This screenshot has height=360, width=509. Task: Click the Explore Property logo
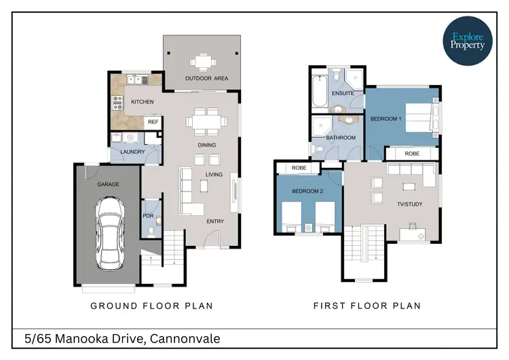pos(468,40)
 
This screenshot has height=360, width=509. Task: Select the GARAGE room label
pos(109,183)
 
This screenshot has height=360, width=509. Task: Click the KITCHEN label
pos(142,102)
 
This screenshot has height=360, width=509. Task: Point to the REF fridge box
pos(153,122)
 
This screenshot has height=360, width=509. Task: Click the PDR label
pos(149,216)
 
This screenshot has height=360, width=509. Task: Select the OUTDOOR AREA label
pos(206,79)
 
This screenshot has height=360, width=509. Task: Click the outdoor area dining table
pos(202,62)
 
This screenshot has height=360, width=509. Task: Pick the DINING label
pos(207,145)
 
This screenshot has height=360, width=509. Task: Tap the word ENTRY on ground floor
pos(214,221)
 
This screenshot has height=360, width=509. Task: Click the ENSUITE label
pos(343,93)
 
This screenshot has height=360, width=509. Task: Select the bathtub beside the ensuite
pos(318,92)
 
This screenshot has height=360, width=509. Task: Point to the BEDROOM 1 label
pos(385,119)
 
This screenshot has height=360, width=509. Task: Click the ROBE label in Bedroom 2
pos(297,168)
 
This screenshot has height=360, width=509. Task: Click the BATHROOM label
pos(341,138)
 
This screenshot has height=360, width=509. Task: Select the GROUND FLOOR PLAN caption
pos(151,306)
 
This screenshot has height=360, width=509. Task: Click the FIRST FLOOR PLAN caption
pos(366,306)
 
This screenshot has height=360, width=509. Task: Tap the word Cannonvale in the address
pos(184,338)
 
